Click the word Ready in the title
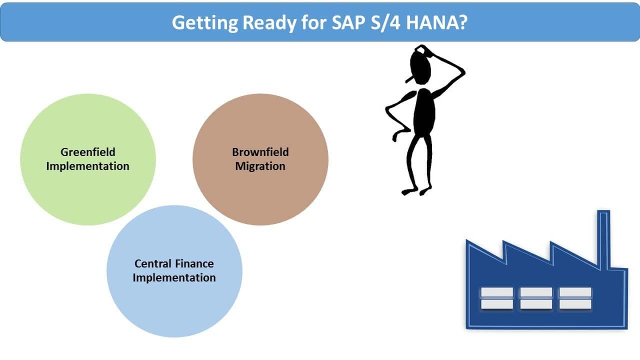pyautogui.click(x=269, y=23)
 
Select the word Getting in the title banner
pyautogui.click(x=205, y=23)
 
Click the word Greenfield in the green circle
pyautogui.click(x=87, y=152)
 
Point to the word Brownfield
pyautogui.click(x=260, y=152)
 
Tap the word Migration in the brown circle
pyautogui.click(x=260, y=166)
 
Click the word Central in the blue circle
pyautogui.click(x=152, y=263)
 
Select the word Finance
pyautogui.click(x=194, y=263)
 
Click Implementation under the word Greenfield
pyautogui.click(x=87, y=166)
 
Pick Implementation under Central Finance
pyautogui.click(x=174, y=277)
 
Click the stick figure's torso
pyautogui.click(x=424, y=112)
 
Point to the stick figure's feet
pyautogui.click(x=416, y=191)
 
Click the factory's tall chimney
pyautogui.click(x=603, y=239)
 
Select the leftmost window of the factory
pyautogui.click(x=497, y=298)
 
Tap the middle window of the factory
pyautogui.click(x=536, y=298)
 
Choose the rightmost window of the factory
pyautogui.click(x=575, y=298)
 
